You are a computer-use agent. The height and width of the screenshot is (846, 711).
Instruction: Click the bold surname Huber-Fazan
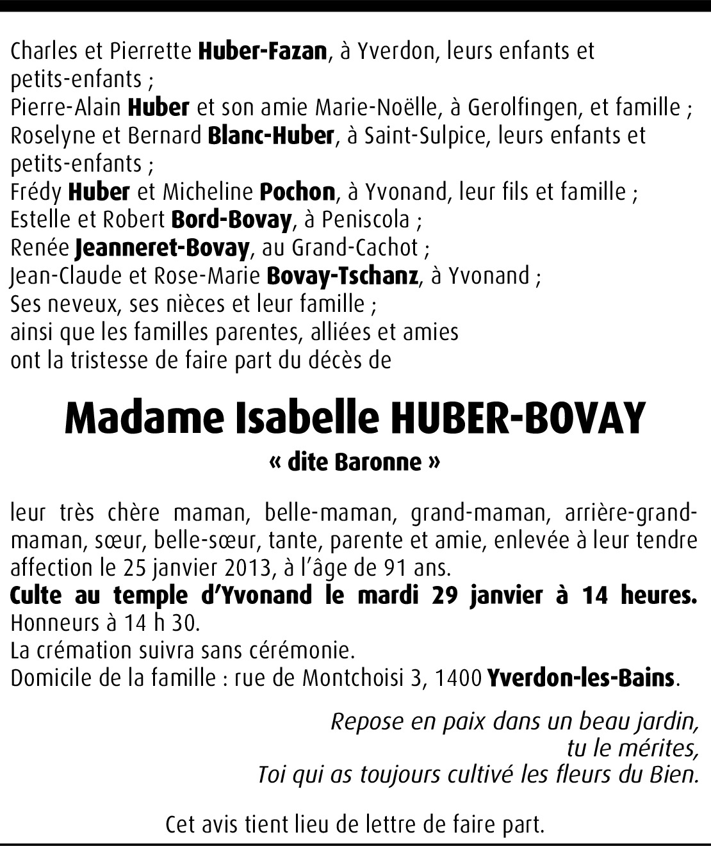263,51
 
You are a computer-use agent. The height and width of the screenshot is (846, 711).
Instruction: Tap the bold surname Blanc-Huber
271,136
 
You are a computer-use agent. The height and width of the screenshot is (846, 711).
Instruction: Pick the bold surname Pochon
297,191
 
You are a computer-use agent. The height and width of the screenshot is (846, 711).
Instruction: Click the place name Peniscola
366,220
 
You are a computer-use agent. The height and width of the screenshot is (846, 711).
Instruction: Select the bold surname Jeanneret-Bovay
161,248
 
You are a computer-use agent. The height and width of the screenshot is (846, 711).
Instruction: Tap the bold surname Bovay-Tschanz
342,276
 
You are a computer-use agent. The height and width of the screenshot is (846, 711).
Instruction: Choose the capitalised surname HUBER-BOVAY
516,419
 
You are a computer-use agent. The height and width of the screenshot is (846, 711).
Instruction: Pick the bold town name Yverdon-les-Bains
581,678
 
